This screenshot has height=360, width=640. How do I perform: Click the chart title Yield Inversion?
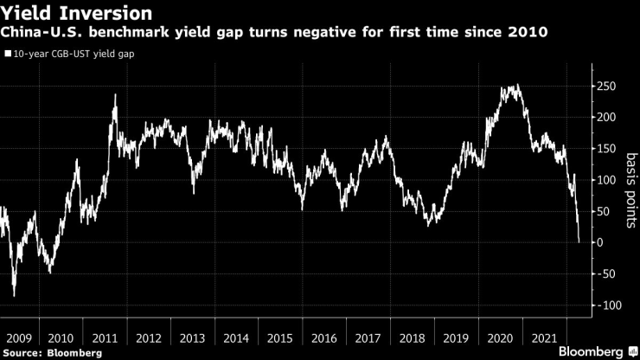coord(77,14)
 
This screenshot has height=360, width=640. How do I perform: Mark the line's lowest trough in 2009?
coord(14,296)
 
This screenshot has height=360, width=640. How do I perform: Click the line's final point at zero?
coord(579,242)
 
